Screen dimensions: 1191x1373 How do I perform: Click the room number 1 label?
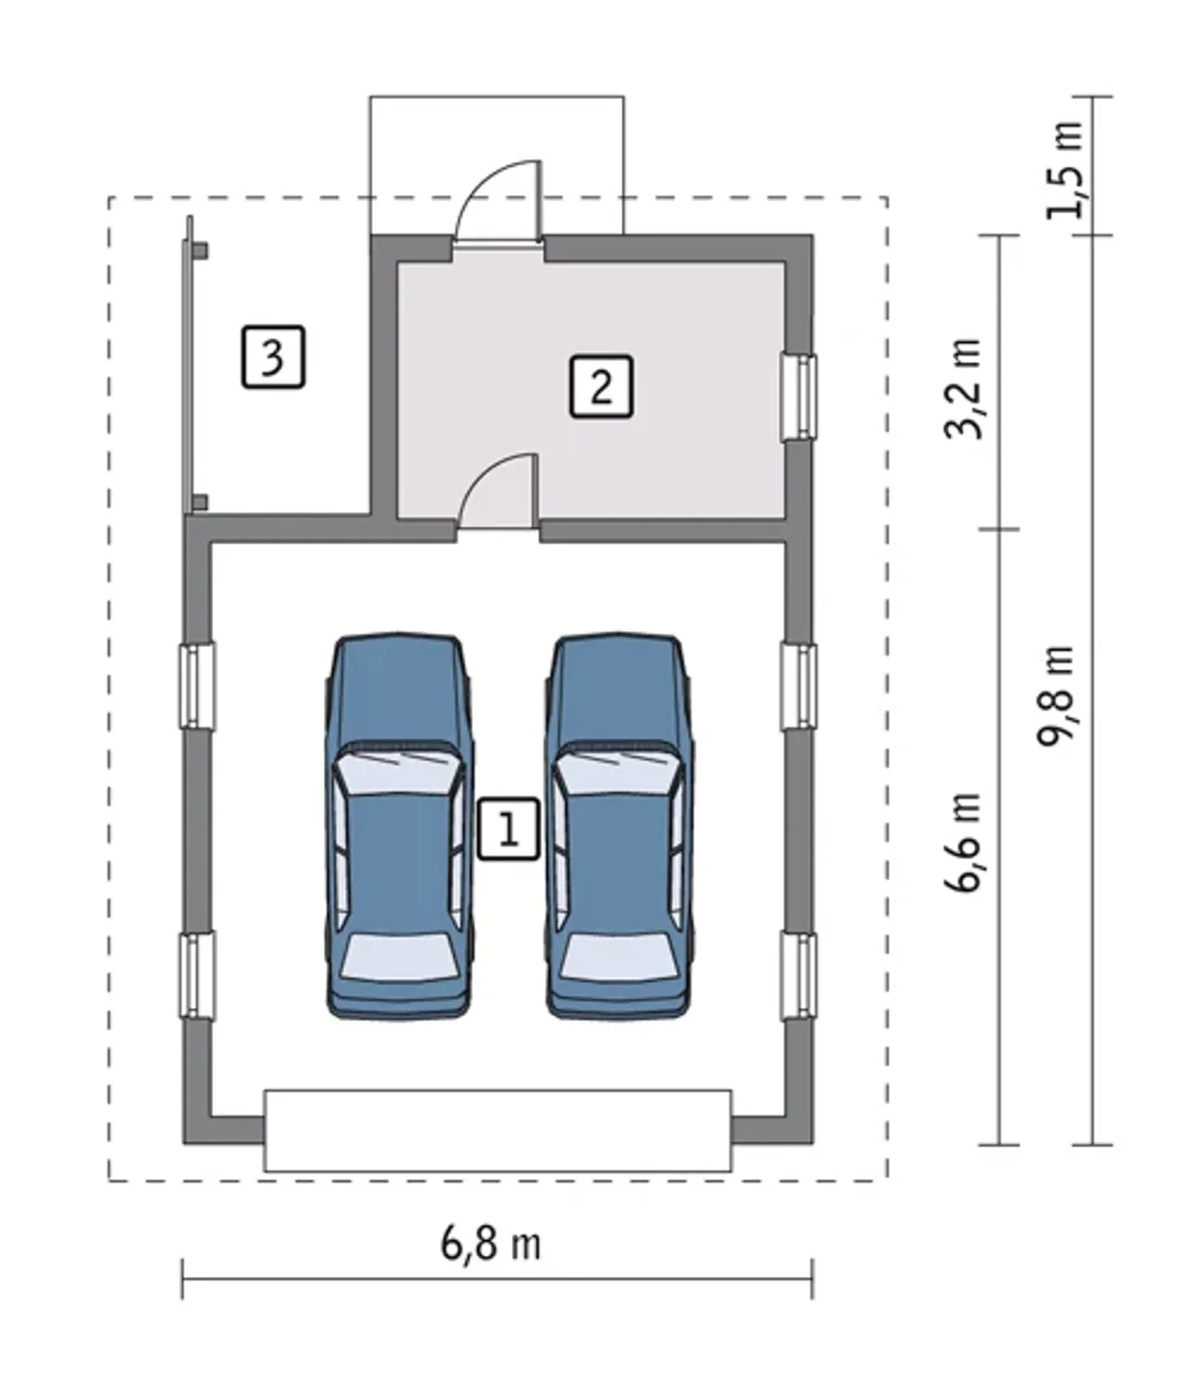[508, 828]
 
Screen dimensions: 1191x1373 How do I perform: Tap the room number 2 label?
[601, 386]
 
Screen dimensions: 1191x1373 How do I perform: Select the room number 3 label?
[273, 357]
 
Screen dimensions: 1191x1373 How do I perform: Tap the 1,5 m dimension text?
[1064, 169]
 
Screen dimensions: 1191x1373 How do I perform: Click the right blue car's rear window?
[618, 956]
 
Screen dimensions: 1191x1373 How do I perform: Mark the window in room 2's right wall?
[798, 397]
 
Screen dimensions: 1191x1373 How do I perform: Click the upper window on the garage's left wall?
[197, 686]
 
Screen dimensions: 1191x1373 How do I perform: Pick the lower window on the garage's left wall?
[197, 975]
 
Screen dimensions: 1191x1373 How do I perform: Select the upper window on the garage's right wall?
[798, 687]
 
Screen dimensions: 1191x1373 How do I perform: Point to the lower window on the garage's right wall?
[798, 976]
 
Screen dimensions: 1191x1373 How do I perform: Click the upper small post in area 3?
[200, 251]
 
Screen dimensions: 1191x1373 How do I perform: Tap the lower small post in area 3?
[200, 502]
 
